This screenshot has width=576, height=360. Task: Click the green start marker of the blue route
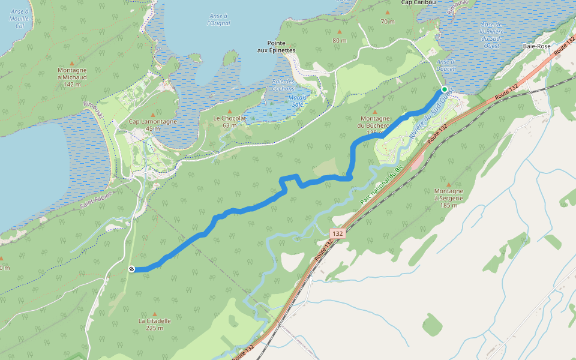445,89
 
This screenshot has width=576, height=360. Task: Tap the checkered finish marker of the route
131,269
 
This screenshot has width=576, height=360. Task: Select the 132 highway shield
338,233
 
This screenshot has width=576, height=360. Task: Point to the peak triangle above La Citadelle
155,314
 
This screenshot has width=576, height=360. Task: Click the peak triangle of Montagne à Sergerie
449,184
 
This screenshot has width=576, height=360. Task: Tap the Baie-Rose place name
536,46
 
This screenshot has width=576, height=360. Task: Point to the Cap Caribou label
418,2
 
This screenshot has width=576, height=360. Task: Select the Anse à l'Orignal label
218,20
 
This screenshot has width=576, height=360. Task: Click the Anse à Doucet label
446,65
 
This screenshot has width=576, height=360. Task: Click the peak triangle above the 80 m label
340,32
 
